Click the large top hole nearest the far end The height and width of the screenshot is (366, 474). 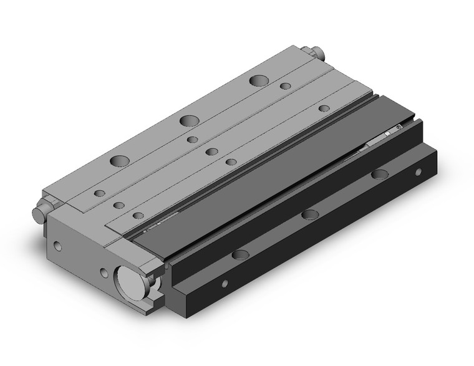(257, 80)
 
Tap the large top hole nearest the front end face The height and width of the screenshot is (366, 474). (117, 161)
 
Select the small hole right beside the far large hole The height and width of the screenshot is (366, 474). (285, 86)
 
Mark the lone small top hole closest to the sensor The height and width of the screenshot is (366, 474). (324, 108)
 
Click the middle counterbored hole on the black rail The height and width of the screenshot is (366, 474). (309, 214)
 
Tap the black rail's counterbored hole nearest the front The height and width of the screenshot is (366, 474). (239, 254)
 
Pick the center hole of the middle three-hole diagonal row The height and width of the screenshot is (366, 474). (211, 151)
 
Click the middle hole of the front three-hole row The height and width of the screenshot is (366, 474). (117, 204)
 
